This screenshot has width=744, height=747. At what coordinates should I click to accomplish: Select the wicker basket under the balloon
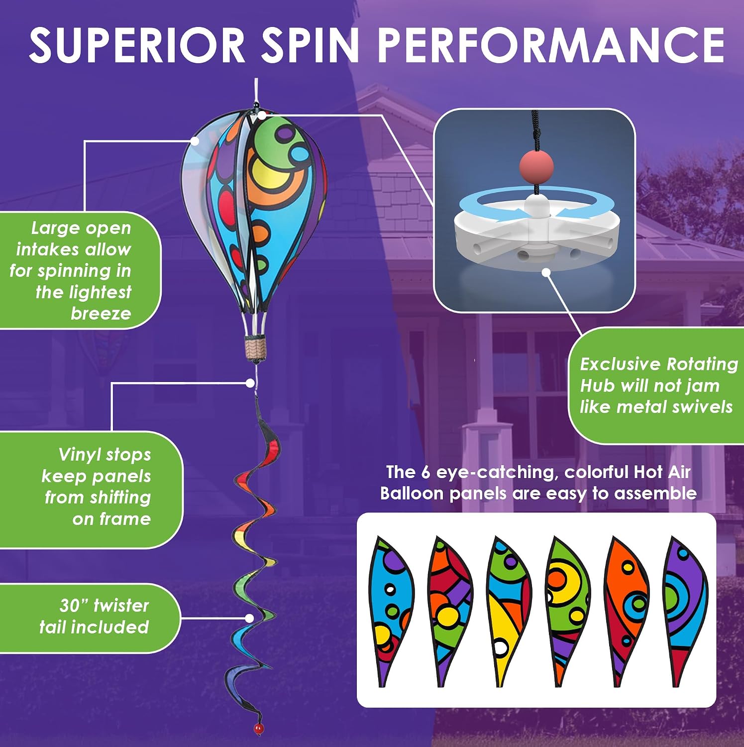(x=255, y=348)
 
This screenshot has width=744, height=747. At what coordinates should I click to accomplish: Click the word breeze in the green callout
(x=101, y=314)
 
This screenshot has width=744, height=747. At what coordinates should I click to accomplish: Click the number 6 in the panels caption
(x=425, y=472)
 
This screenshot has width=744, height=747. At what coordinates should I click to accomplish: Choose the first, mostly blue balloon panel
(x=391, y=611)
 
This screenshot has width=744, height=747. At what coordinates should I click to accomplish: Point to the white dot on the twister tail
(x=249, y=618)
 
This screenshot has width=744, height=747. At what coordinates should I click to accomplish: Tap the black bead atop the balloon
(x=256, y=106)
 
